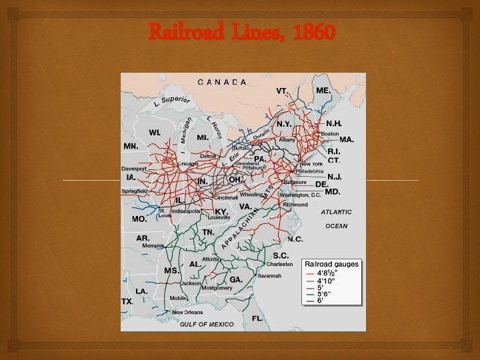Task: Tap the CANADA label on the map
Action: pyautogui.click(x=222, y=81)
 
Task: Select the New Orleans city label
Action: pyautogui.click(x=187, y=312)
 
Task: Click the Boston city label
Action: pyautogui.click(x=330, y=133)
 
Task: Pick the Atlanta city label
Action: pyautogui.click(x=212, y=259)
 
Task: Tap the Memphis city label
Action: pyautogui.click(x=153, y=245)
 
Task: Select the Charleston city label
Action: pyautogui.click(x=279, y=264)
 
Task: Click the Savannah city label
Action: pyautogui.click(x=270, y=275)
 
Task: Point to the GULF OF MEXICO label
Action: pyautogui.click(x=207, y=324)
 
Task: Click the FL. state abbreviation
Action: pyautogui.click(x=257, y=318)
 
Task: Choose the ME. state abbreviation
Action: pyautogui.click(x=323, y=89)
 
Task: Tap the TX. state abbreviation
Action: pyautogui.click(x=127, y=301)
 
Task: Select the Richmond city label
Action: pyautogui.click(x=295, y=205)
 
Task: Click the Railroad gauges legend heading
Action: pyautogui.click(x=331, y=264)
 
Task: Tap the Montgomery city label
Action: pyautogui.click(x=217, y=288)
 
